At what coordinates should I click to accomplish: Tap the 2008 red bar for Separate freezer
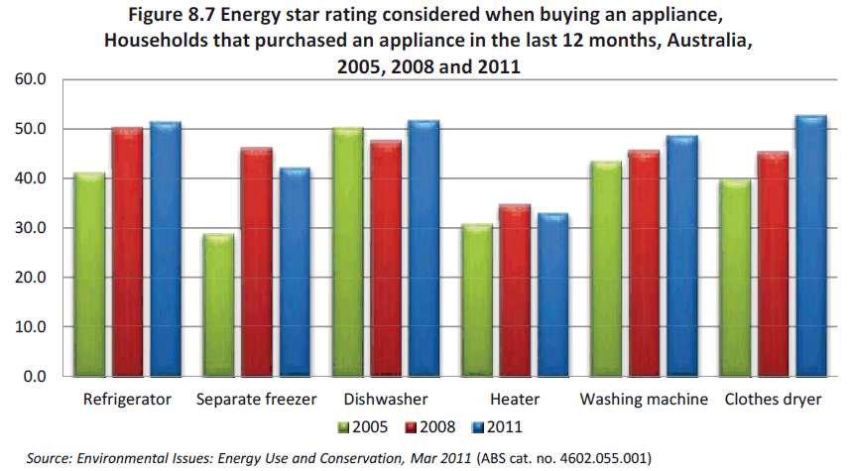pos(256,262)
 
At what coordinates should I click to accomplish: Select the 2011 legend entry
pos(497,427)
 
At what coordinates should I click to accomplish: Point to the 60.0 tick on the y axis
pos(31,79)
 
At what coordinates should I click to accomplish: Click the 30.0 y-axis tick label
pos(31,228)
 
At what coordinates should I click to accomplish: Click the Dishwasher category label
pos(386,400)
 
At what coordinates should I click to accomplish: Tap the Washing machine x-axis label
pos(644,400)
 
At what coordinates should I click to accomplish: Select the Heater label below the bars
pos(515,400)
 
